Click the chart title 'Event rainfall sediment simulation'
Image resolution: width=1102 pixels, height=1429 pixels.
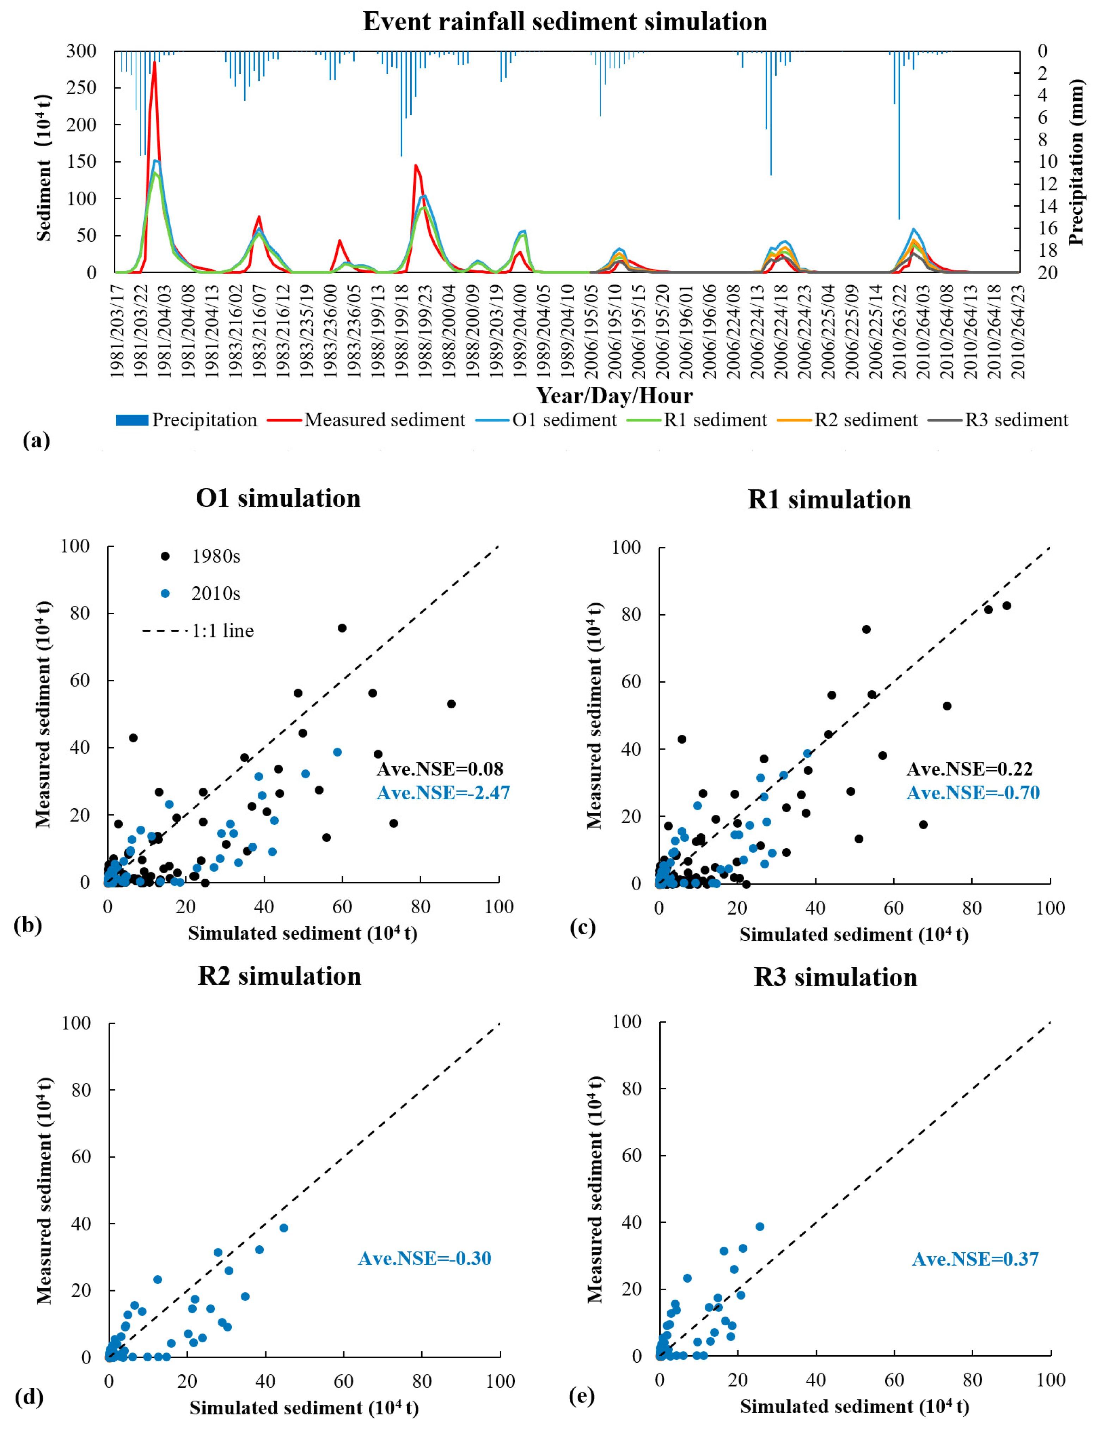(565, 22)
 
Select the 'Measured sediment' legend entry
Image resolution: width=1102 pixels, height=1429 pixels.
(367, 420)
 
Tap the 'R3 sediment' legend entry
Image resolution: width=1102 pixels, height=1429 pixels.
(999, 420)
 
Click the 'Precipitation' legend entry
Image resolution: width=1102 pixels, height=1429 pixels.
(186, 420)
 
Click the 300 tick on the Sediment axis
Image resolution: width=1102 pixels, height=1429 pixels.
(82, 51)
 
